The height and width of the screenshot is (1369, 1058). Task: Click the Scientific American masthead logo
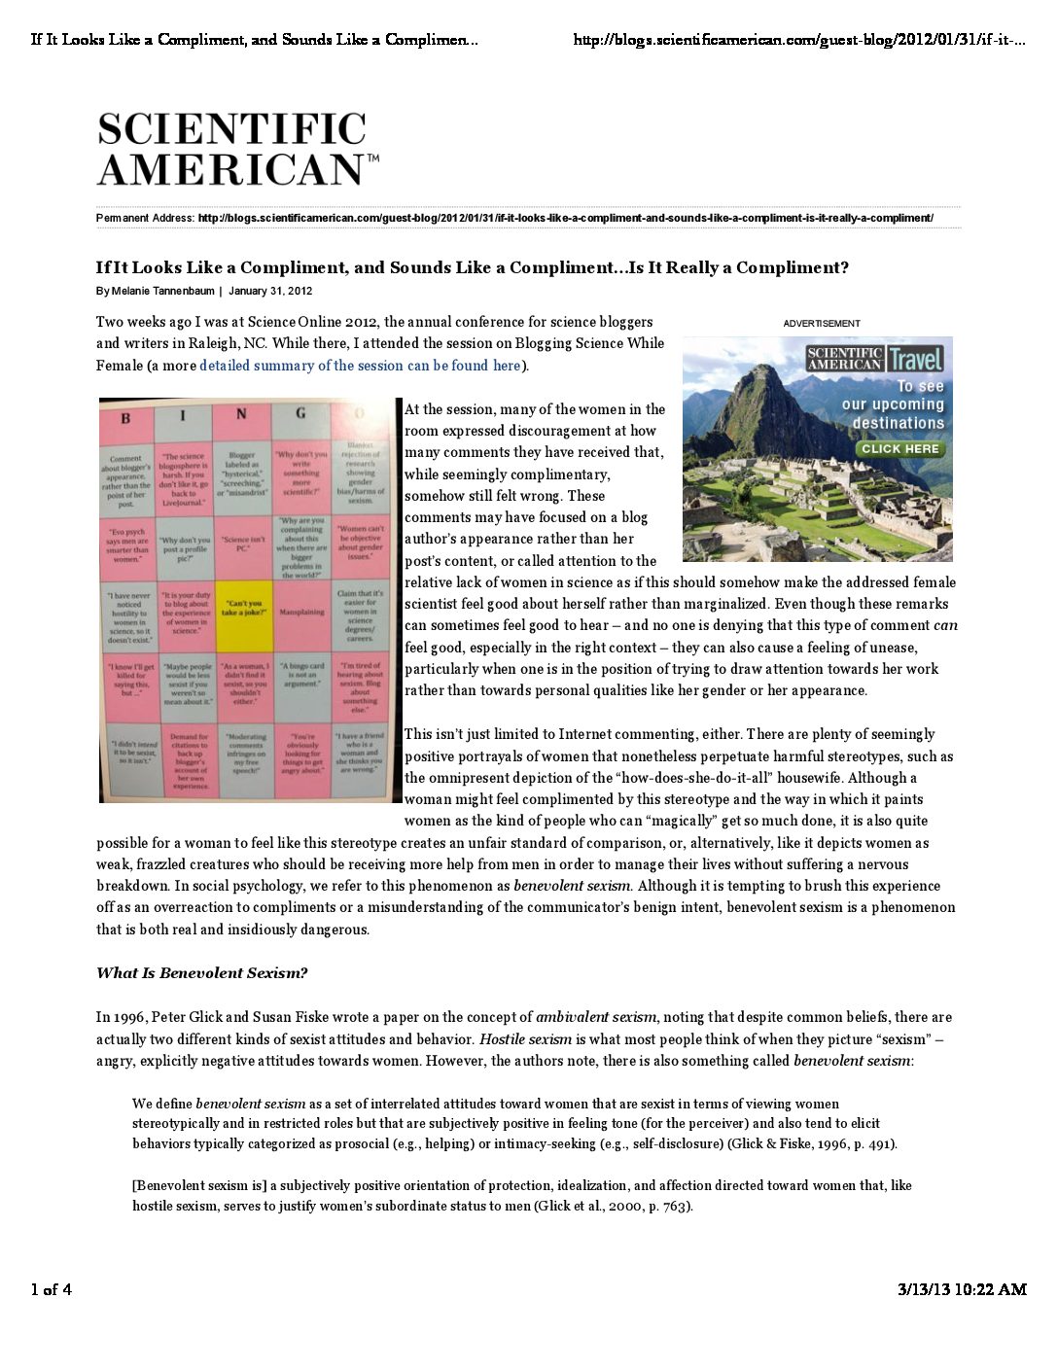[236, 149]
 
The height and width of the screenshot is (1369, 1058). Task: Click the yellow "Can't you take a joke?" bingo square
[242, 609]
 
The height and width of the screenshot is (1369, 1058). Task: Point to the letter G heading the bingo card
[300, 413]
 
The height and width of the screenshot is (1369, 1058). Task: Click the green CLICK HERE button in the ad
[899, 449]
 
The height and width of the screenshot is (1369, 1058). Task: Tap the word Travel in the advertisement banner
[916, 360]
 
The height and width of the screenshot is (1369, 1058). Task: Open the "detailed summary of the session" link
[360, 366]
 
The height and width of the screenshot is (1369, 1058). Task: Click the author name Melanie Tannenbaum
[162, 291]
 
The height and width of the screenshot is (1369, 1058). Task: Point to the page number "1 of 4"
[52, 1290]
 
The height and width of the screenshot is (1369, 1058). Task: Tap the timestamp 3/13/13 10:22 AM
[961, 1290]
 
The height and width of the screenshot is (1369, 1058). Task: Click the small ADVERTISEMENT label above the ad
[822, 324]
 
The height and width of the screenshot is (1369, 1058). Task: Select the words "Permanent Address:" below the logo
[145, 218]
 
